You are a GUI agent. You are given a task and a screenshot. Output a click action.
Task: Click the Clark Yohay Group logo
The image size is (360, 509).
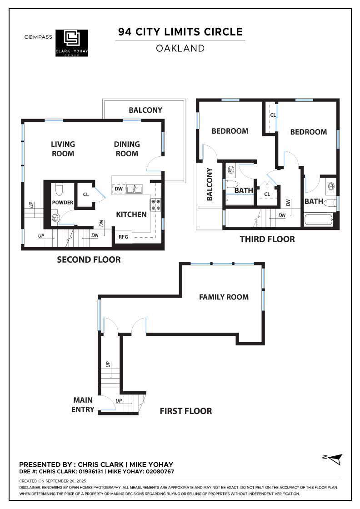pos(72,43)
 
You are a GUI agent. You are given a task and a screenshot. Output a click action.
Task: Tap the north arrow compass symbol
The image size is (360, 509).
pos(335,459)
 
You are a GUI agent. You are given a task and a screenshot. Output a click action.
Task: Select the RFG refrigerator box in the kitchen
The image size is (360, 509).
pos(123,237)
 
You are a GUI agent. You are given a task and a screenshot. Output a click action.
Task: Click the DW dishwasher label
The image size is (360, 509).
pos(119,189)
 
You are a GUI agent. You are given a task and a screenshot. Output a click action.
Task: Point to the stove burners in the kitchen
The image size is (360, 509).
pos(156,205)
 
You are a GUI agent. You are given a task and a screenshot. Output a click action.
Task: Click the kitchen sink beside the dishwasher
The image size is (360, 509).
pos(134,189)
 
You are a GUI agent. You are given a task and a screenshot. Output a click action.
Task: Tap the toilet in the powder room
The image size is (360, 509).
pos(59,189)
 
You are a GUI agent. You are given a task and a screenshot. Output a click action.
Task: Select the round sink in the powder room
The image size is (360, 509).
pos(55,218)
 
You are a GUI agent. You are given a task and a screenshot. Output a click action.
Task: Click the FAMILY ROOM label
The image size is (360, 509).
pos(224,297)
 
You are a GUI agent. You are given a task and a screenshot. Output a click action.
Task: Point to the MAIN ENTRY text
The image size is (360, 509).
pos(83,405)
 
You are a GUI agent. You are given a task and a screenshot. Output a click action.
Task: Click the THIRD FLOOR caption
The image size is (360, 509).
pos(267,239)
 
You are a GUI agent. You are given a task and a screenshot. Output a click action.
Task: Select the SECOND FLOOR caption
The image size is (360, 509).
pos(89,259)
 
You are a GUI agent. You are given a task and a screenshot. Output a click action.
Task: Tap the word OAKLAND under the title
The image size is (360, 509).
pos(180,48)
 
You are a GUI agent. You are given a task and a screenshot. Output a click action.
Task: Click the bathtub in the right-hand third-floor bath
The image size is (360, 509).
pos(319,220)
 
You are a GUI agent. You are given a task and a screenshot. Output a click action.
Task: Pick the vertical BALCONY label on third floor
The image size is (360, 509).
pos(210,185)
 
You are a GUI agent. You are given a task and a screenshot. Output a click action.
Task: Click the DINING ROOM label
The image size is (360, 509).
pos(127,149)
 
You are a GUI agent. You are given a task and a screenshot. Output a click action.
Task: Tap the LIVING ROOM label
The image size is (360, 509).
pos(63,149)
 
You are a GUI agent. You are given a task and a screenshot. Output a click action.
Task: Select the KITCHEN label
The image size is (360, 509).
pos(131,214)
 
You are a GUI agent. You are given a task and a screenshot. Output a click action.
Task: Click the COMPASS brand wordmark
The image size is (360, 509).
pos(38,37)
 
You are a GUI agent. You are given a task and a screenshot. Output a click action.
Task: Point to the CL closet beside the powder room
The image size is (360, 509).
pos(86,195)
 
